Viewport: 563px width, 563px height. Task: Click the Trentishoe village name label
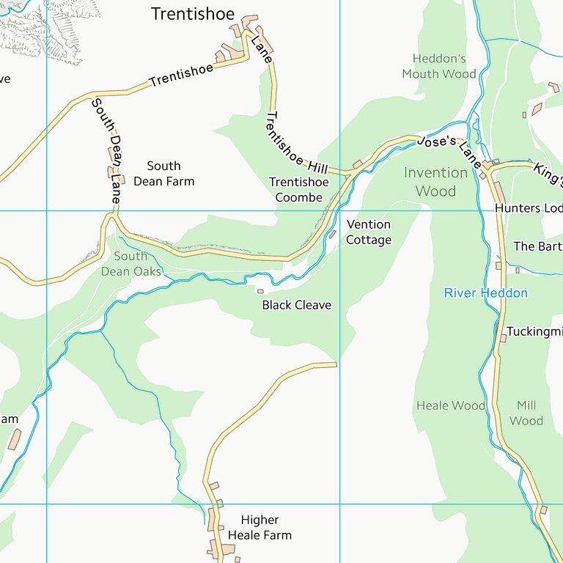click(x=193, y=14)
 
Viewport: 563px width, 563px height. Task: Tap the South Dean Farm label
click(x=163, y=173)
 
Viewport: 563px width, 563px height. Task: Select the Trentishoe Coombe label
click(x=298, y=189)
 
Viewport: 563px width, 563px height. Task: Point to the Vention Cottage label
click(x=369, y=232)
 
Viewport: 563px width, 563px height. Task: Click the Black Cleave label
click(x=297, y=305)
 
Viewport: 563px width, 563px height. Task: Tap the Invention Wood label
click(x=435, y=182)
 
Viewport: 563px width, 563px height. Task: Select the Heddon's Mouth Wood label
click(x=439, y=66)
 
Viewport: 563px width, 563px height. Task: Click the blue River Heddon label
click(x=485, y=293)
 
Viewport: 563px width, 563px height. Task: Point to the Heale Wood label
click(x=451, y=405)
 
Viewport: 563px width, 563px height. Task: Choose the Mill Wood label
click(x=526, y=413)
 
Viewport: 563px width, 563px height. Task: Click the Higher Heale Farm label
click(x=260, y=528)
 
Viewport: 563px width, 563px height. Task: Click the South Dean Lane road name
click(x=107, y=151)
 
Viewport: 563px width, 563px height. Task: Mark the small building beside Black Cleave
click(x=260, y=291)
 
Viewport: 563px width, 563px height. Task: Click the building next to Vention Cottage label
click(x=332, y=235)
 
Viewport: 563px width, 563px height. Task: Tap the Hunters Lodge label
click(x=529, y=208)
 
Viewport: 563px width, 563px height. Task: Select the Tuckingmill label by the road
click(x=534, y=331)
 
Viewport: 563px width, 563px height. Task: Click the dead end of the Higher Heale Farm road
click(x=334, y=364)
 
